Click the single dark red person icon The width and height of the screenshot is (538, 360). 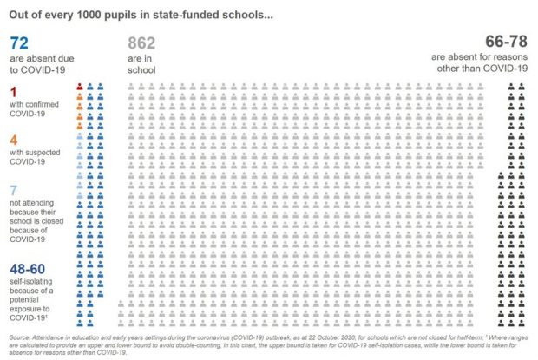point(80,87)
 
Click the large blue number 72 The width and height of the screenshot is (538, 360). point(19,43)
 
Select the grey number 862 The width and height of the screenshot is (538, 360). point(141,43)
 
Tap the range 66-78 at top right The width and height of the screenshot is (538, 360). point(506,42)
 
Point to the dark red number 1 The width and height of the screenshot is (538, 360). point(13,92)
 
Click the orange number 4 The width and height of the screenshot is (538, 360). point(14,140)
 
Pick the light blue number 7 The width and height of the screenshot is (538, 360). point(14,190)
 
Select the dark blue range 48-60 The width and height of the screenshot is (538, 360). point(28,269)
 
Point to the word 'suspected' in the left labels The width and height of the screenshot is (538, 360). point(42,153)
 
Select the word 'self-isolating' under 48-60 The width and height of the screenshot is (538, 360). point(31,281)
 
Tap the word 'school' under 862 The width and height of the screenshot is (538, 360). point(141,70)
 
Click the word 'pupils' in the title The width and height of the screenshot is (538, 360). point(120,16)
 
